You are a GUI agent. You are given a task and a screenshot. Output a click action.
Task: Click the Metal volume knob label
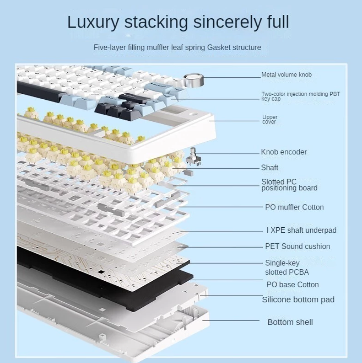286,75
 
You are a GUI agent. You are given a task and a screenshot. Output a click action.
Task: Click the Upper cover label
269,120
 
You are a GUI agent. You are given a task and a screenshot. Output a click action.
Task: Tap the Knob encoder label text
284,152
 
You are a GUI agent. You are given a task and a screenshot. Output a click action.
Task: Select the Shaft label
270,168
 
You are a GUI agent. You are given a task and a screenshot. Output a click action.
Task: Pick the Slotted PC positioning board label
289,185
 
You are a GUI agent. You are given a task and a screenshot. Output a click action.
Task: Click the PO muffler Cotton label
294,207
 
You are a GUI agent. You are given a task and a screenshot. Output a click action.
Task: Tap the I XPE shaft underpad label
301,230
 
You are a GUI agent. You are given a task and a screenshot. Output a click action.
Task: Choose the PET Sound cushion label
297,246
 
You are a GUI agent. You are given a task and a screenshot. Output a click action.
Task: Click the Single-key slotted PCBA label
287,268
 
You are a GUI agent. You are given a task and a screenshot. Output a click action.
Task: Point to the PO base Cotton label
292,285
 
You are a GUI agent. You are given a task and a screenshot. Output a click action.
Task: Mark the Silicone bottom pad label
298,300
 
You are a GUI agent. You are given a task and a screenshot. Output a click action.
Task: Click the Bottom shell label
290,322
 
